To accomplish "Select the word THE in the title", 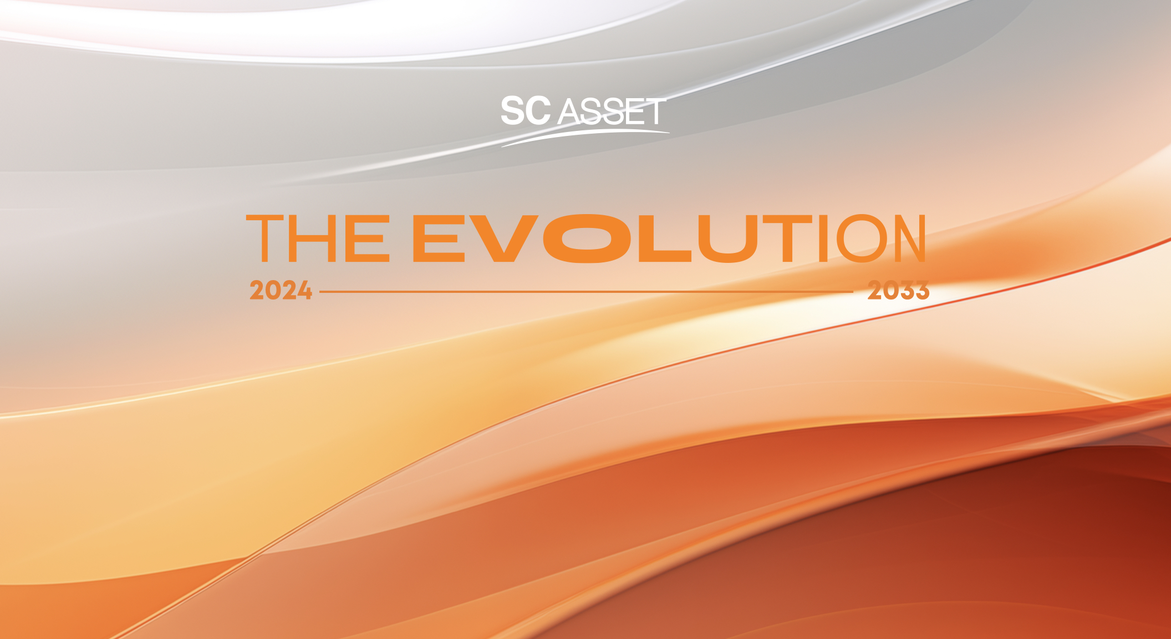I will click(318, 239).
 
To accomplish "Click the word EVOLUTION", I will click(669, 239).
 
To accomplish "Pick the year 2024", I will click(281, 291).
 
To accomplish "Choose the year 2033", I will click(898, 291).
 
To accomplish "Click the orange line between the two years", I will click(586, 291).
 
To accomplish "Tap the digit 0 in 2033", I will click(883, 291).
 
